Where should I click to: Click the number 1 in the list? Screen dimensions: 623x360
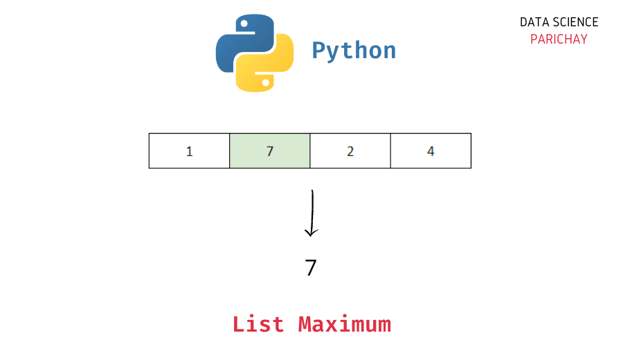pos(190,152)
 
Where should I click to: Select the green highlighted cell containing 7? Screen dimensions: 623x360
pos(270,151)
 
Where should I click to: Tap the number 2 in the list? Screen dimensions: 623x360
pos(350,152)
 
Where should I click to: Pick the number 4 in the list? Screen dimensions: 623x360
pos(431,152)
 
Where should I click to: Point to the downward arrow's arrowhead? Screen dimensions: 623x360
pos(311,232)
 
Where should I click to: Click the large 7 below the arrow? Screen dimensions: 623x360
pos(311,267)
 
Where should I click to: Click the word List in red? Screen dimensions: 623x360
pos(258,324)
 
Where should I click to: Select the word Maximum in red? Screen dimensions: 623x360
pos(345,324)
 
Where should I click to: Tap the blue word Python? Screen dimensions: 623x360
pos(354,51)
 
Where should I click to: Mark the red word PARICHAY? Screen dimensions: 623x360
pos(559,39)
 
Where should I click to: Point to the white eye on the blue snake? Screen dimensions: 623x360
pos(244,24)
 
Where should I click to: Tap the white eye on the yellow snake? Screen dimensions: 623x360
pos(265,82)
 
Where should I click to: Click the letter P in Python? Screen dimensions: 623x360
pos(318,50)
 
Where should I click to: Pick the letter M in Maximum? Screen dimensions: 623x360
pos(305,324)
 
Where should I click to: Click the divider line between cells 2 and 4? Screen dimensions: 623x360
pos(390,151)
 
